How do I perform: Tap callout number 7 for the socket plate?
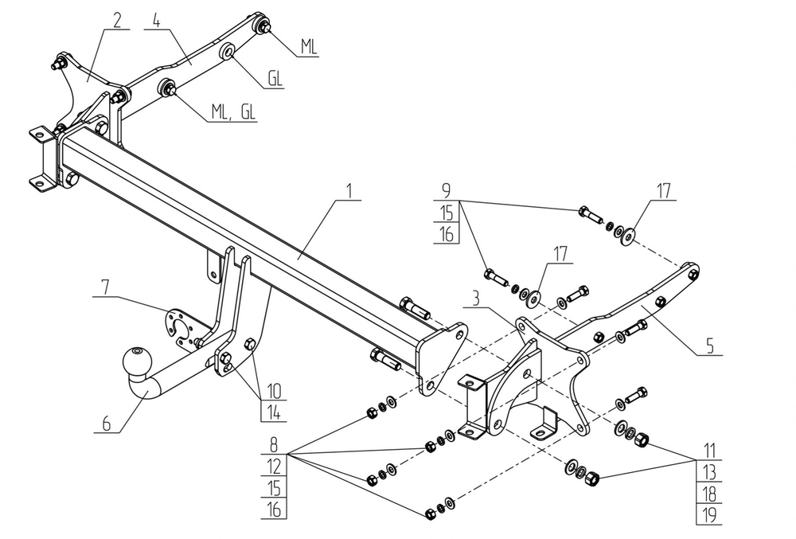click(x=104, y=284)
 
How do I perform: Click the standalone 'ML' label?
click(x=309, y=48)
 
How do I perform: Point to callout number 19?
click(x=708, y=515)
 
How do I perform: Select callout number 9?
click(x=446, y=192)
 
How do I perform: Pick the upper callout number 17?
click(x=664, y=191)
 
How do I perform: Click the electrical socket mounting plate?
click(x=181, y=327)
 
